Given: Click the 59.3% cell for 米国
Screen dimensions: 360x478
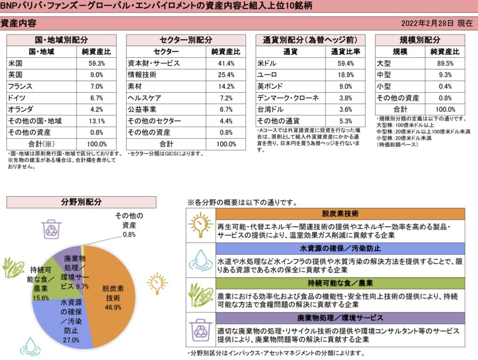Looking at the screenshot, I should click(97, 63).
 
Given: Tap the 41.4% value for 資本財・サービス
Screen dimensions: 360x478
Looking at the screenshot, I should click(226, 63).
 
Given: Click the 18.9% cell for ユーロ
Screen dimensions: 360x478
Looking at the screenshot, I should click(345, 75).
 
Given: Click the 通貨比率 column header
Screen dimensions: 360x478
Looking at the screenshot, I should click(345, 52).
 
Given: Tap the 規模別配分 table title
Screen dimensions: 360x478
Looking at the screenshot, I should click(420, 40).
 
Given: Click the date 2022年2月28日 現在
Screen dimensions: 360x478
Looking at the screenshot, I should click(436, 23).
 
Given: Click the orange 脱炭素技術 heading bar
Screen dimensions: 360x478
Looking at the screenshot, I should click(340, 214).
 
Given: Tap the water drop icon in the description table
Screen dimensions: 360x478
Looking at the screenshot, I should click(201, 259).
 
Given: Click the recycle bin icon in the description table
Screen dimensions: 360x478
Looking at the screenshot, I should click(201, 329).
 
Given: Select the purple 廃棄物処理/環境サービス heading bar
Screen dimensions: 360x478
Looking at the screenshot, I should click(340, 318).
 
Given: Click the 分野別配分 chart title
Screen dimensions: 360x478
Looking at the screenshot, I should click(81, 202).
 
